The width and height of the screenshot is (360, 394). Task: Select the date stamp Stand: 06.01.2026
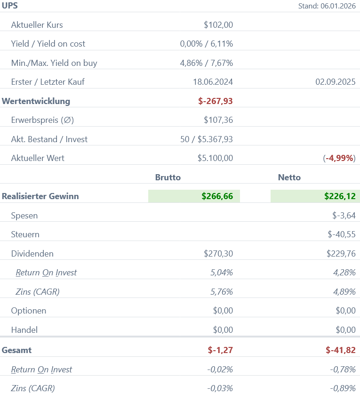coord(327,6)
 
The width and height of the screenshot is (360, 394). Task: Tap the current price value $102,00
coord(218,25)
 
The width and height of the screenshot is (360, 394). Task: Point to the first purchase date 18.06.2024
coord(213,82)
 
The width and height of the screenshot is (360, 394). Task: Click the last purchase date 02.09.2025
coord(335,82)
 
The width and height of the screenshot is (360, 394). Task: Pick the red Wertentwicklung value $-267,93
coord(216,101)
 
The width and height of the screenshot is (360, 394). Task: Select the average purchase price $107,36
coord(218,120)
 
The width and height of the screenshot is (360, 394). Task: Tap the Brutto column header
coord(168,177)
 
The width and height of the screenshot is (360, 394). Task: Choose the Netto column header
coord(289,177)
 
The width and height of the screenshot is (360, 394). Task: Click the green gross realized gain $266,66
coord(217,196)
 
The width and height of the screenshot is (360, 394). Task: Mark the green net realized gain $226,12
coord(340,196)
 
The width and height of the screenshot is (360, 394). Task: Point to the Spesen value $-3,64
coord(344,216)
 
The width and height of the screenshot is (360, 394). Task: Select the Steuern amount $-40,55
coord(342,234)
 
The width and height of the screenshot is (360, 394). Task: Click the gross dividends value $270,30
coord(218,254)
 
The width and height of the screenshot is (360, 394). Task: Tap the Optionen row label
coord(29,311)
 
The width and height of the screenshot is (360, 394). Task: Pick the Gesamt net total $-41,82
coord(340,350)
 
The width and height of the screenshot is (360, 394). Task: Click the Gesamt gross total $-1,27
coord(220,350)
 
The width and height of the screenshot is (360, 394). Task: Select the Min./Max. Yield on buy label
coord(54,63)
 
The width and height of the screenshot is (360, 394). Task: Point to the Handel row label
coord(24,330)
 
